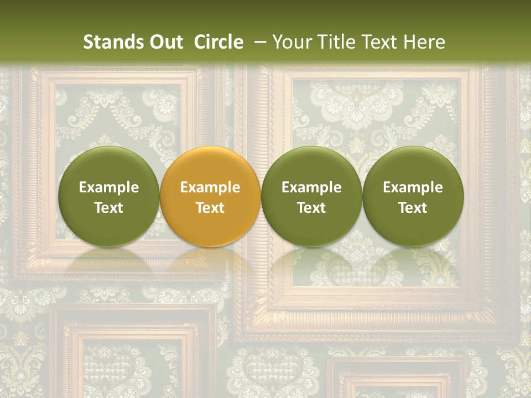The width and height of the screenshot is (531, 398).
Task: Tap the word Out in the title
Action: click(x=165, y=42)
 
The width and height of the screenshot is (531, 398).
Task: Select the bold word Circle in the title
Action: click(x=218, y=42)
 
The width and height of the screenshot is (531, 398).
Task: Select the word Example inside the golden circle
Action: click(x=210, y=187)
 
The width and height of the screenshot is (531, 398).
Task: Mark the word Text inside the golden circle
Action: click(x=210, y=208)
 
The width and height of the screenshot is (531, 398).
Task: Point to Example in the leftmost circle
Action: click(x=109, y=187)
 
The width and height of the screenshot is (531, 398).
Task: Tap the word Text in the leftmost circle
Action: click(x=109, y=208)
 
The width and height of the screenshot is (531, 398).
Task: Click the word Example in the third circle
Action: click(x=311, y=187)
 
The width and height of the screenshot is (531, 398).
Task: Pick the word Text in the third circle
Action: click(x=311, y=208)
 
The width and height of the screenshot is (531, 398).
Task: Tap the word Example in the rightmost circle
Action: click(x=413, y=187)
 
